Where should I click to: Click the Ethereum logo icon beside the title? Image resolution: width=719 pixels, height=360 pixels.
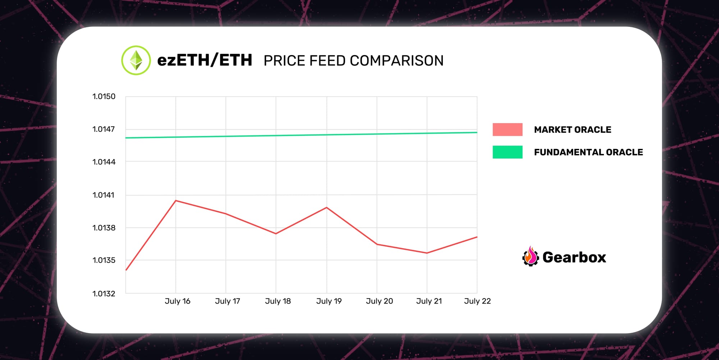136,60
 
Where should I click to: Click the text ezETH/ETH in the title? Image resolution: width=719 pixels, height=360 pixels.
205,60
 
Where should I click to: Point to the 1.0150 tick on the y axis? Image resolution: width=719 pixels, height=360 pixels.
104,96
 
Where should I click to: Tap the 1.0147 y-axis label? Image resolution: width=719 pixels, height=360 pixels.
104,129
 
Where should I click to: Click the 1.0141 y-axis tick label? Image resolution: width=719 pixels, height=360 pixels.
104,195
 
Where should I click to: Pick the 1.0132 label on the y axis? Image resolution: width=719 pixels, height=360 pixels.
104,293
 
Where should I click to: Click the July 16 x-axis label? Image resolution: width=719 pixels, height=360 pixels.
177,301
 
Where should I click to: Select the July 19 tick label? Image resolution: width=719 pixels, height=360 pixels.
329,301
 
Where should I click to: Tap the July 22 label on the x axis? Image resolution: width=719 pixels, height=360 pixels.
477,301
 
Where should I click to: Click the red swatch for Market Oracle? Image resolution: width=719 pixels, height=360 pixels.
507,129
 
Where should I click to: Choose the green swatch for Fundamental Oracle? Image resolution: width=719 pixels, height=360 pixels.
507,152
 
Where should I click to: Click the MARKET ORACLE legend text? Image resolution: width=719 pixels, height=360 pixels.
572,130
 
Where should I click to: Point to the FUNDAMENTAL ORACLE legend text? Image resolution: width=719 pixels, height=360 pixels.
588,152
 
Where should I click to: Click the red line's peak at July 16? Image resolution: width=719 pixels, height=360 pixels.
175,200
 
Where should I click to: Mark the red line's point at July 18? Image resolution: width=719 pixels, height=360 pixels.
276,234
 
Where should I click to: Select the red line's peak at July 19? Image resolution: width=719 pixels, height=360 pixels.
326,208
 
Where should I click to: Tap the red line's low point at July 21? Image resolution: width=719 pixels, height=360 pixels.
427,253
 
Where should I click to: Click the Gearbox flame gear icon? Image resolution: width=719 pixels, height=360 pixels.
530,257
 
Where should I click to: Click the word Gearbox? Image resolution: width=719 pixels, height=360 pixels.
574,257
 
